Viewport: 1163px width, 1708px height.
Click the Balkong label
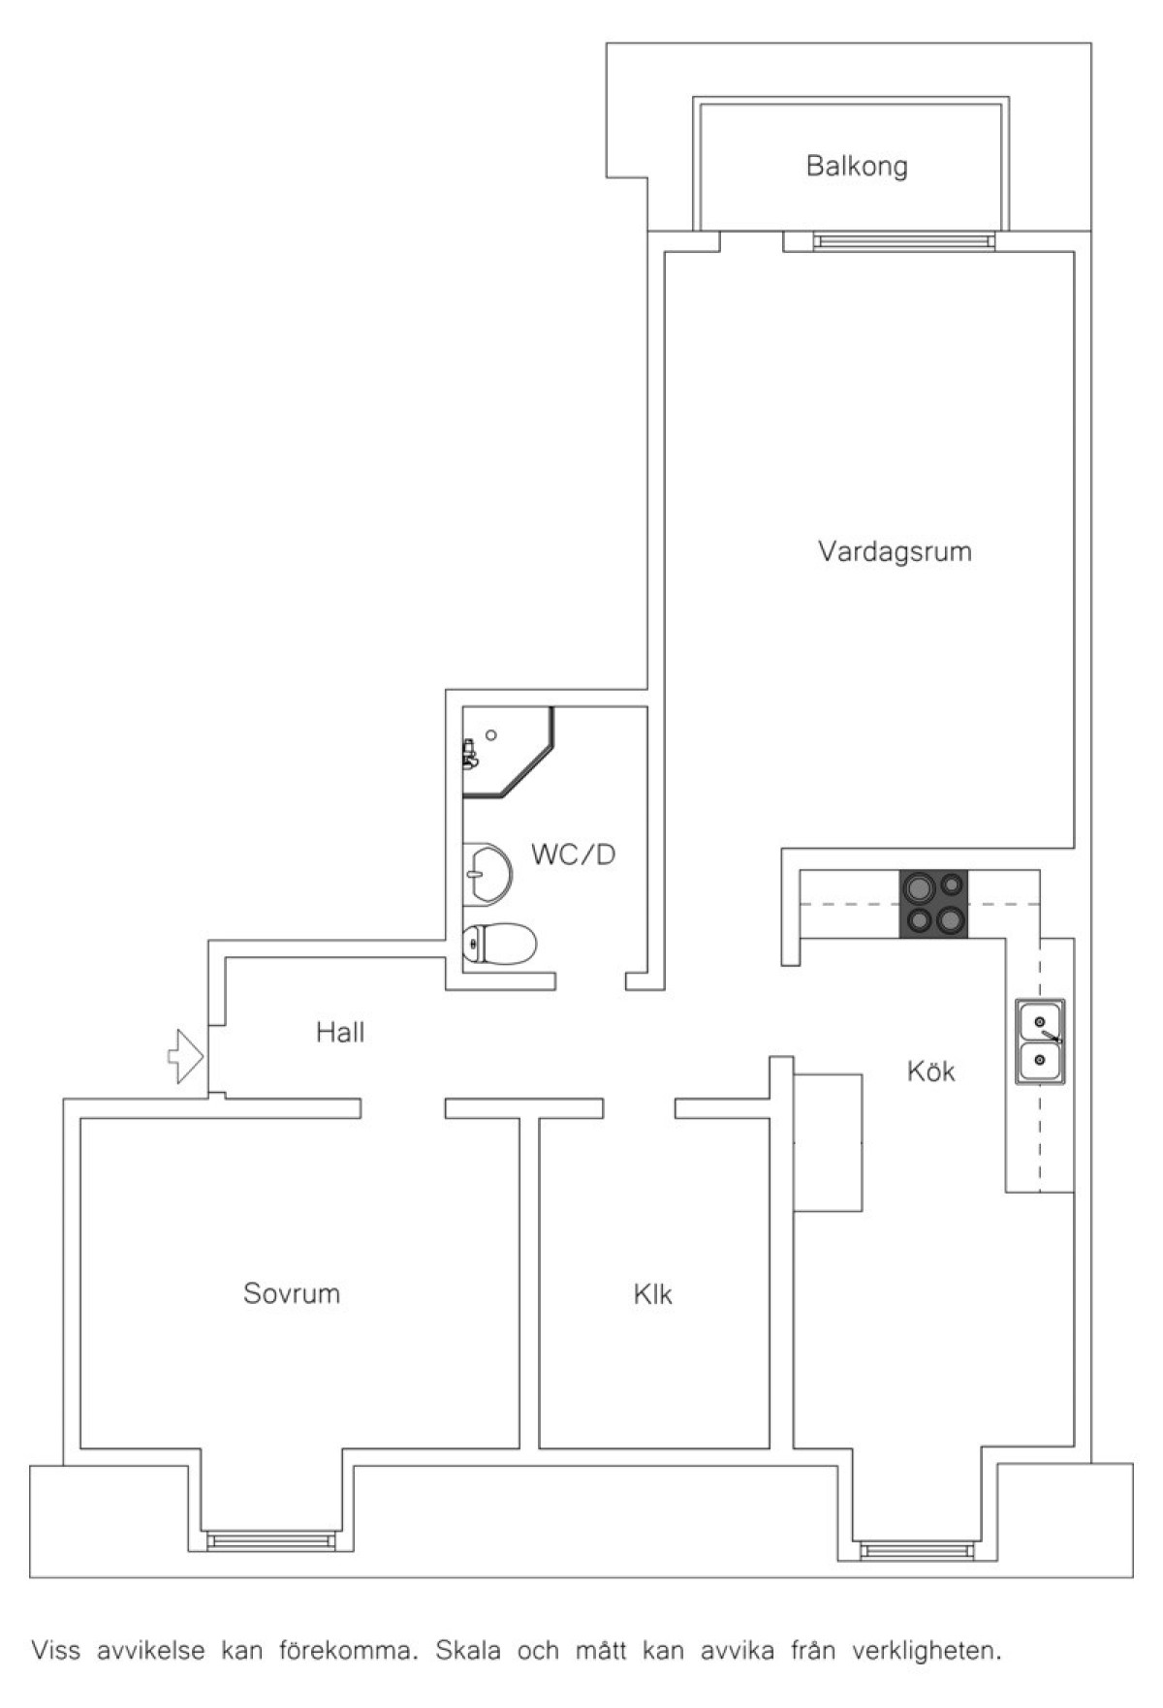point(857,167)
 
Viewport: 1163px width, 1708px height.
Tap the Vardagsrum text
point(895,552)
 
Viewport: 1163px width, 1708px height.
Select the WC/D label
point(573,854)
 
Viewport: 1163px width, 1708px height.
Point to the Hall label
point(340,1032)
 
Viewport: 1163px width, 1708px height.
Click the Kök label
point(931,1071)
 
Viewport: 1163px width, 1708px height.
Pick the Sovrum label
point(292,1293)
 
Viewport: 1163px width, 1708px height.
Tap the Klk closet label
point(653,1294)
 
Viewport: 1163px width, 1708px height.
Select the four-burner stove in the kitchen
point(934,904)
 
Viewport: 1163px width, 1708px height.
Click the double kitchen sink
point(1040,1041)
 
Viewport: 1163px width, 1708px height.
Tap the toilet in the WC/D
point(498,943)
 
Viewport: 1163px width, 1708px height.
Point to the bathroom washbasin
point(487,873)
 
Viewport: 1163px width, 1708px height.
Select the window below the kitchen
point(921,1550)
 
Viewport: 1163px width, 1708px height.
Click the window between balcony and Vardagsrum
point(904,241)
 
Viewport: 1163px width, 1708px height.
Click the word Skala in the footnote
point(468,1651)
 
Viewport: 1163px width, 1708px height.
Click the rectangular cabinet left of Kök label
point(828,1142)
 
